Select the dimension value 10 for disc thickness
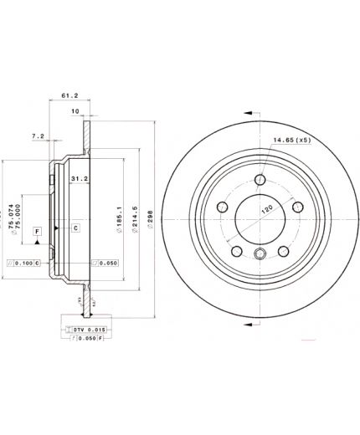coord(75,112)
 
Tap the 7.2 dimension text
coord(38,135)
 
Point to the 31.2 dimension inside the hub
coord(80,179)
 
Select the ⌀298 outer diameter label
coord(149,219)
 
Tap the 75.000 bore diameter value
coord(20,216)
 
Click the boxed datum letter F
coord(38,229)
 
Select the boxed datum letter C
coord(75,228)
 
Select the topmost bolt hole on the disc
coord(260,178)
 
